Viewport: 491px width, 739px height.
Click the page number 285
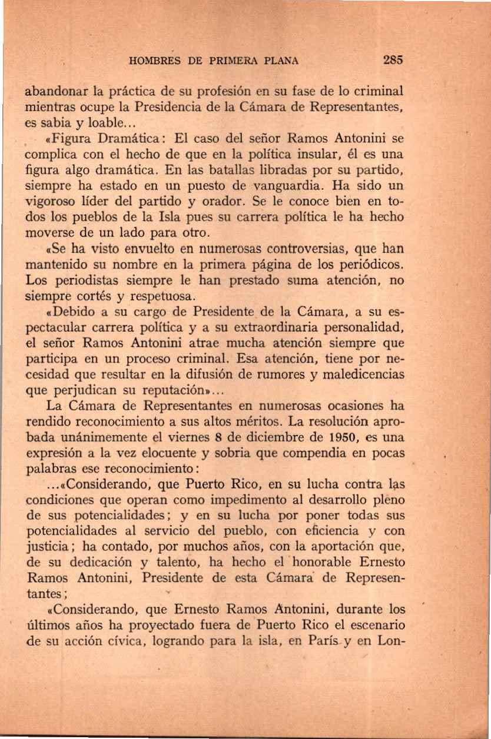(392, 60)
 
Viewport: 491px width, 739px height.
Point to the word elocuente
(210, 453)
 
